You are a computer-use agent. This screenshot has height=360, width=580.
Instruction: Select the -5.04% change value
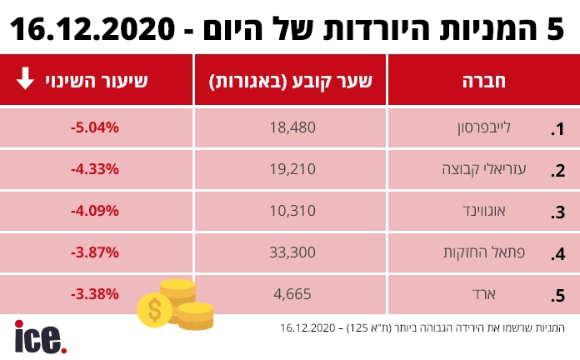coord(96,128)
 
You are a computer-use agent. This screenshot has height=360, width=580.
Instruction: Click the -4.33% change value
coord(96,169)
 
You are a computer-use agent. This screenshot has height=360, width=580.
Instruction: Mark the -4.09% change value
coord(96,211)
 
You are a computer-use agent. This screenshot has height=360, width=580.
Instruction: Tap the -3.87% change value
coord(96,252)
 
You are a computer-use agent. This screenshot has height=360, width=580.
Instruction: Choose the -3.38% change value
coord(96,294)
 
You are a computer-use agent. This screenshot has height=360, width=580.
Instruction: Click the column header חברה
coord(483,82)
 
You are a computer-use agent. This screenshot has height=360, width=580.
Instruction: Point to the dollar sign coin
coord(154,311)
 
